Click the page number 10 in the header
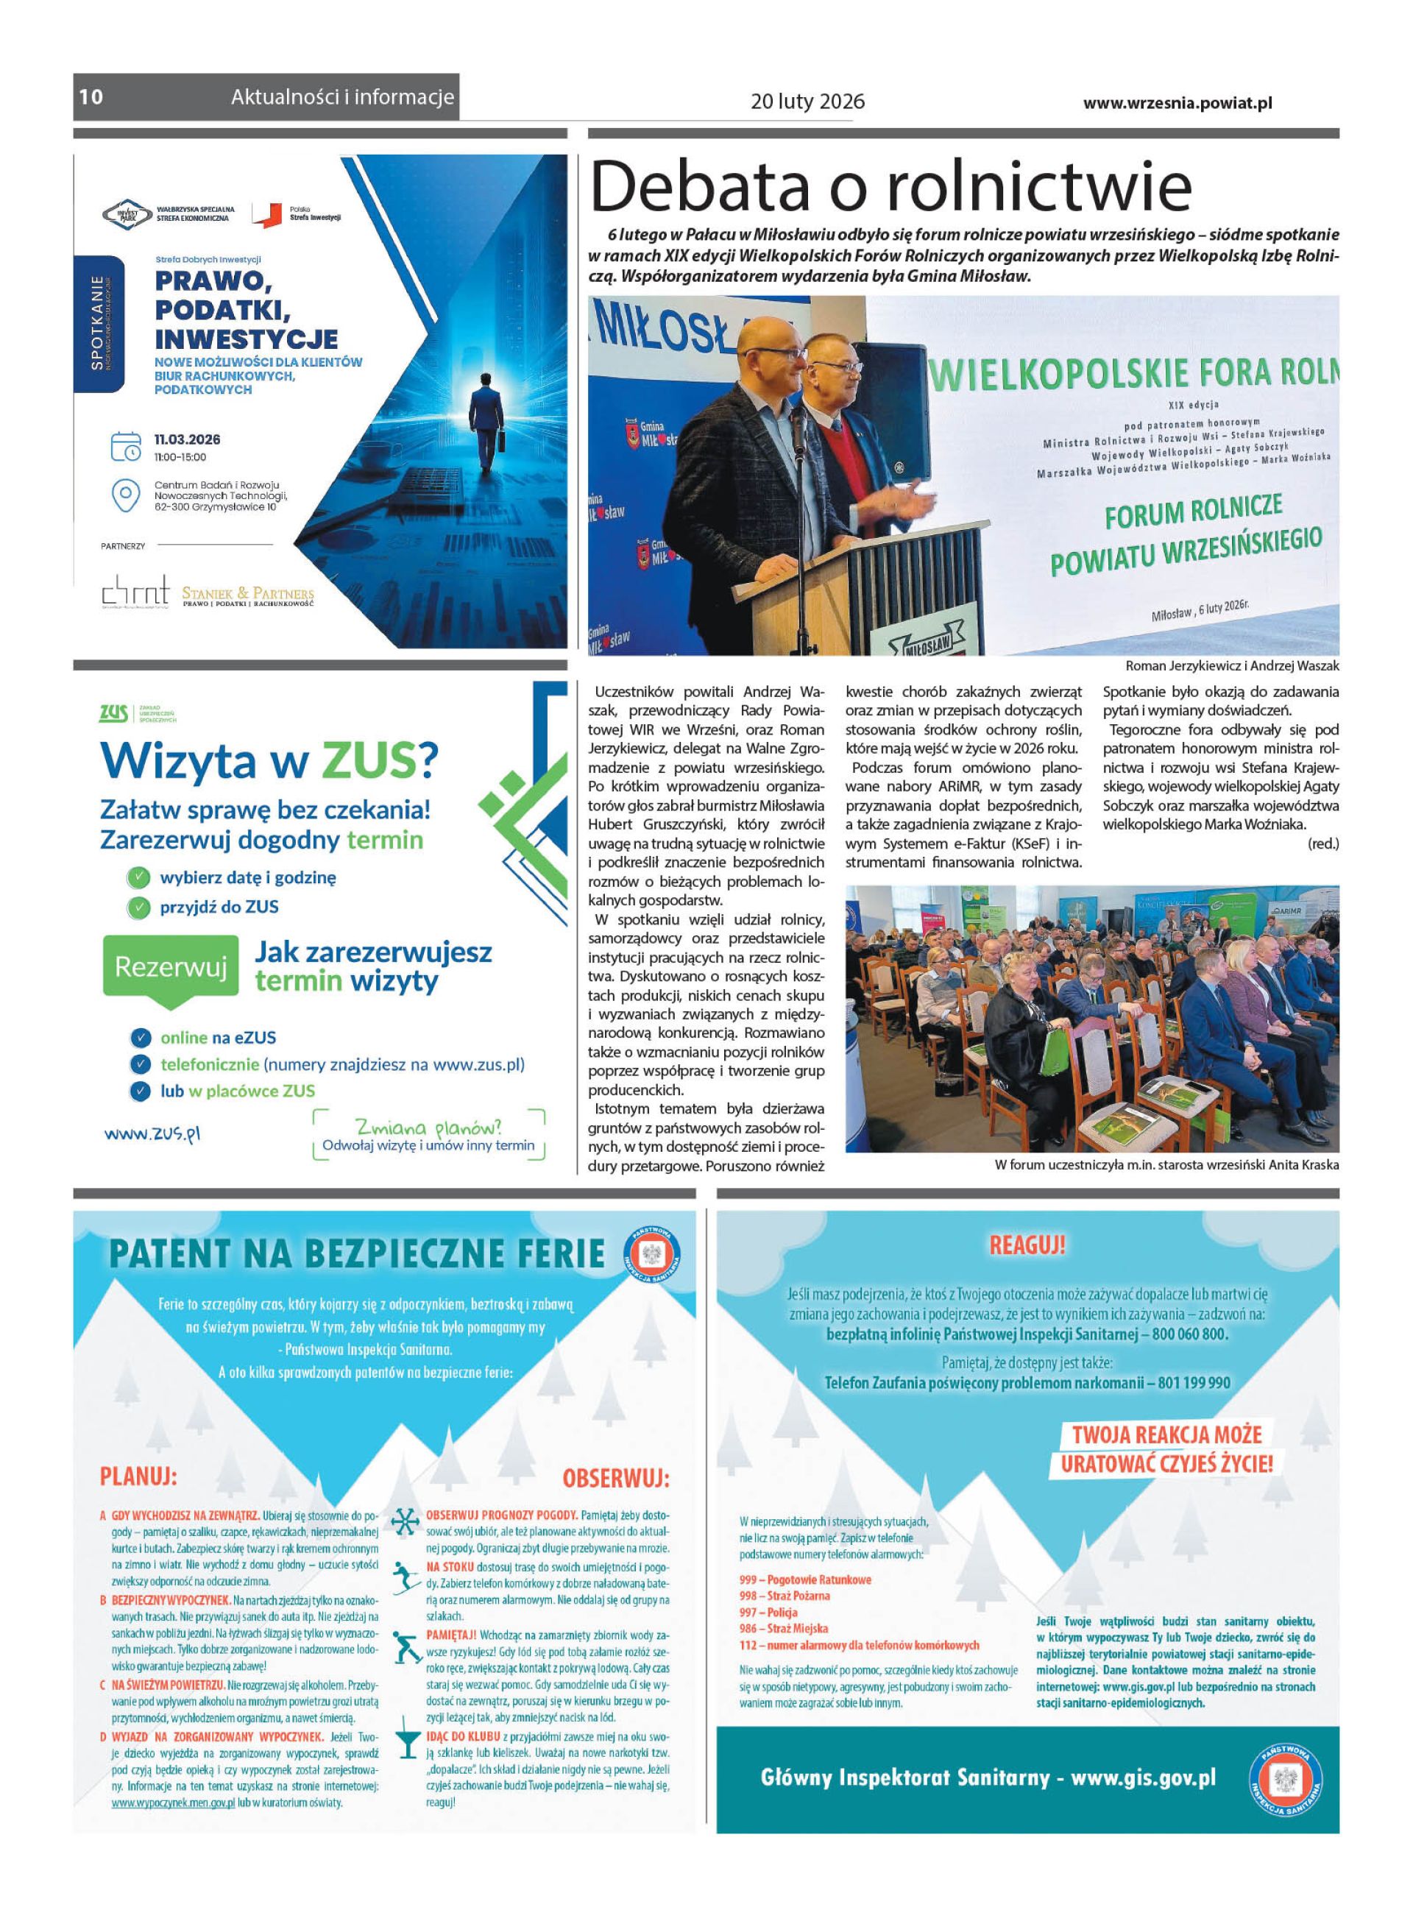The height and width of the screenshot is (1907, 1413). tap(91, 96)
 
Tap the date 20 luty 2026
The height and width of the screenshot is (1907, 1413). tap(807, 102)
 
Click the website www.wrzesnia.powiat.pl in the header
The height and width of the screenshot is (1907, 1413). tap(1177, 102)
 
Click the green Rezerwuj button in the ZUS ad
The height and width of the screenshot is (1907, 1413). tap(170, 966)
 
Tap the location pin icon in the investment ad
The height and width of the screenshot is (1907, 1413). tap(126, 495)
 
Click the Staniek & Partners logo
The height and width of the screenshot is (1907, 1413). tap(247, 595)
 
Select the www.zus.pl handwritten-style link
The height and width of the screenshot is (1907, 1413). tap(152, 1134)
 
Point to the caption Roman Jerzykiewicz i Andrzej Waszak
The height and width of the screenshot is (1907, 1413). tap(1232, 665)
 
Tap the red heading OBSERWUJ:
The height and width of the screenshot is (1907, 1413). tap(616, 1479)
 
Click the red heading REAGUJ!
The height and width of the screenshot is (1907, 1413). tap(1027, 1245)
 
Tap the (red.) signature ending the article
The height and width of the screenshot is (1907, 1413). tap(1322, 843)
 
